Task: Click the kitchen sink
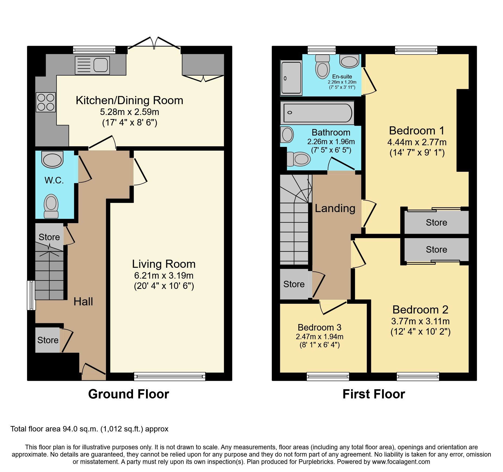click(92, 65)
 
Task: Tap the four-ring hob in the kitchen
click(46, 102)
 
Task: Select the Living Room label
click(164, 264)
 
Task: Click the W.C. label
click(54, 180)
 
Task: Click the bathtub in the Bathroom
click(317, 113)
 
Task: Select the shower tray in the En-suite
click(291, 78)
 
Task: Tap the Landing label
click(335, 208)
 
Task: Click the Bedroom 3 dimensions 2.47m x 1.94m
click(319, 337)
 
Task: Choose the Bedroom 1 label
click(416, 131)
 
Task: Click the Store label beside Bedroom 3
click(294, 284)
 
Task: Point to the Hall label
click(83, 302)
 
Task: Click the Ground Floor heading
click(128, 394)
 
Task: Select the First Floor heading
click(373, 394)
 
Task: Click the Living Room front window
click(170, 376)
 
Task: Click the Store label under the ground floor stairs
click(49, 237)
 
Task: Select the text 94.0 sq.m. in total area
click(80, 429)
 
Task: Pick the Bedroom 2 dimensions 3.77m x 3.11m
click(420, 321)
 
